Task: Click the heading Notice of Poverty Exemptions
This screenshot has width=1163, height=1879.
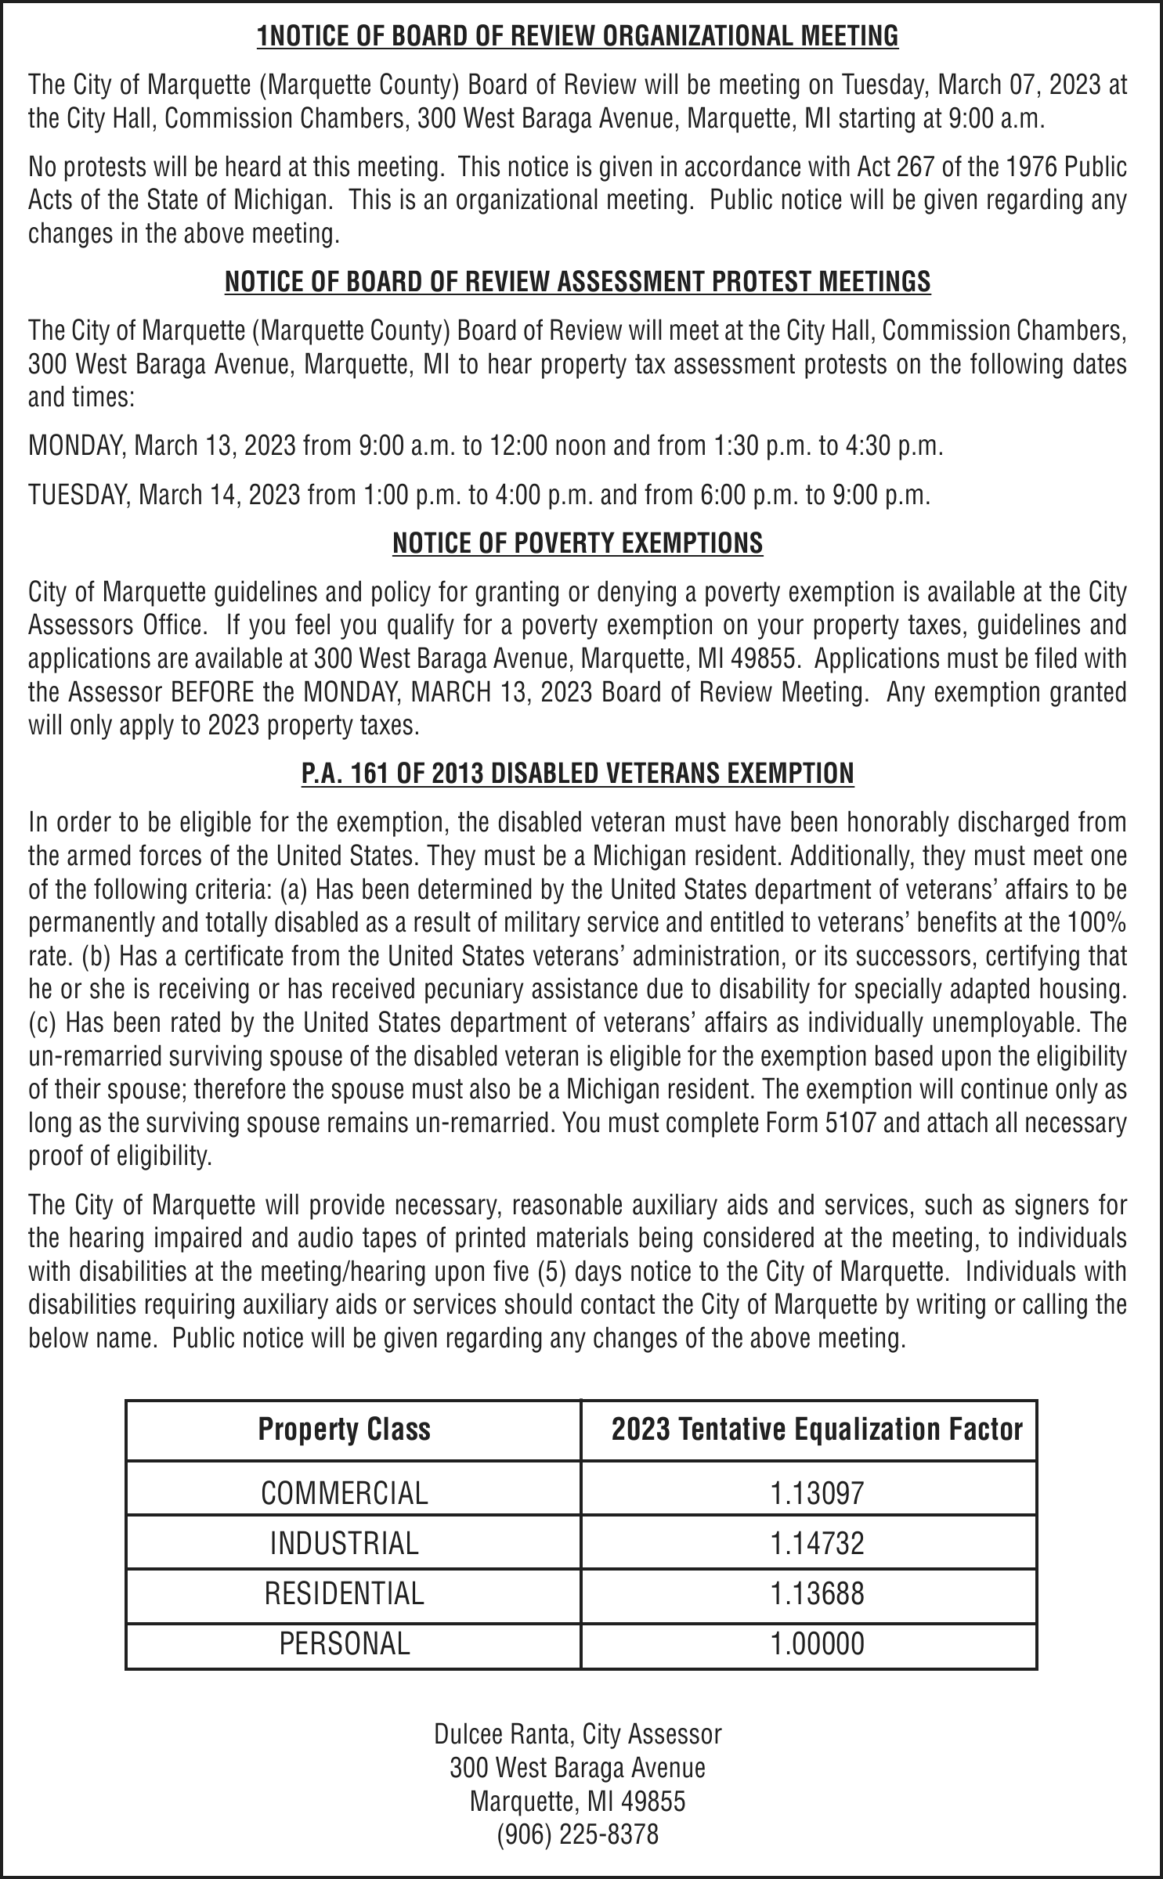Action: coord(577,543)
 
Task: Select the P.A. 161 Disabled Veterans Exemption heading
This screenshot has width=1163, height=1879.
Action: coord(577,774)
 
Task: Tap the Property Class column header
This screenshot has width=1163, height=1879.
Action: coord(344,1430)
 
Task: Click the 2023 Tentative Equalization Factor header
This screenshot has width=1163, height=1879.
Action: coord(817,1430)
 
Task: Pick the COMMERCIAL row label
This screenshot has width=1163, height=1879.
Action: coord(345,1493)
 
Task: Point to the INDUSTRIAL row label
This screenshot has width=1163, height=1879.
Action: coord(345,1543)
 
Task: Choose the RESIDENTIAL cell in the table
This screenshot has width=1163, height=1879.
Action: coord(345,1593)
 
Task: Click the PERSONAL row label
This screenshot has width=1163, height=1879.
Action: coord(345,1643)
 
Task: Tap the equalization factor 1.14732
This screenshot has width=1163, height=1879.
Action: coord(817,1544)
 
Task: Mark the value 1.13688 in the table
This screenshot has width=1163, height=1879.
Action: coord(817,1594)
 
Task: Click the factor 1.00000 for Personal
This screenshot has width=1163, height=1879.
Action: coord(817,1644)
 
